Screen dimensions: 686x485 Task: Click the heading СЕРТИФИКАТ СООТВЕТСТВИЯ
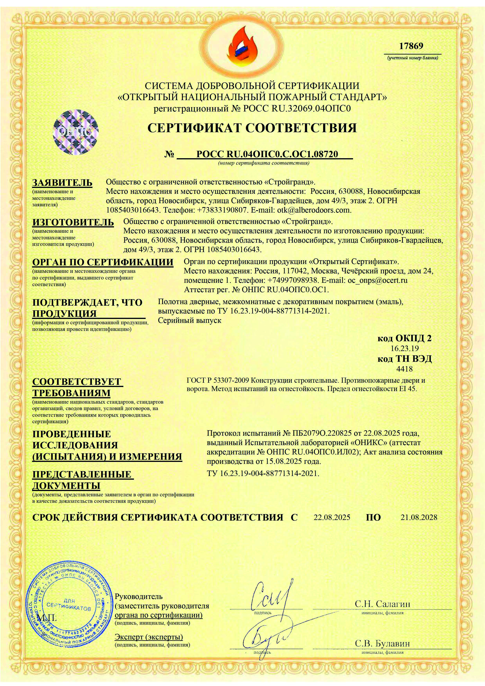pos(252,128)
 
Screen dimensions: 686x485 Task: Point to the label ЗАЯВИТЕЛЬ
pos(62,183)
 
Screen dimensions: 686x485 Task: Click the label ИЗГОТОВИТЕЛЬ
pos(73,222)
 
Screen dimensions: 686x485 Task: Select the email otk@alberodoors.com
pos(314,210)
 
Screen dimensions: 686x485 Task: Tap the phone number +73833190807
pos(222,210)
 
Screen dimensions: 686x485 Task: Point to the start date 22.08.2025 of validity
pos(332,517)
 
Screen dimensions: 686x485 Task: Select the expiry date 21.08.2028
pos(419,517)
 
